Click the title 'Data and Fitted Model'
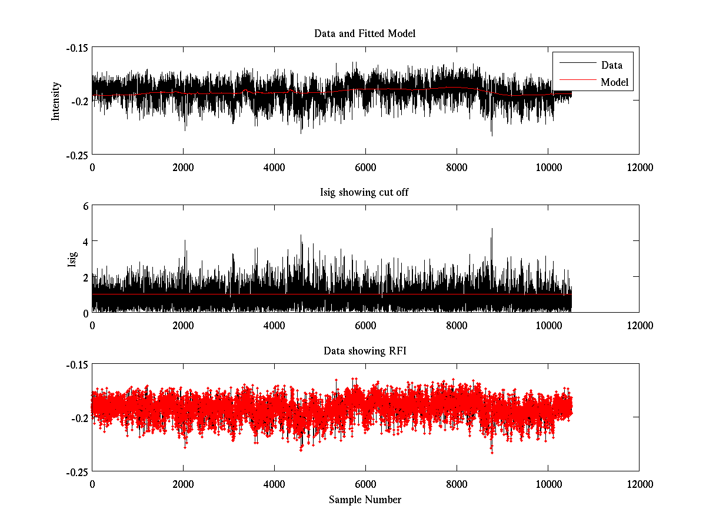click(365, 34)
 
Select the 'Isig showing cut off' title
click(365, 192)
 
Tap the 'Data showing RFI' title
click(365, 351)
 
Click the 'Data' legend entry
click(611, 65)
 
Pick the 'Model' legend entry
click(614, 82)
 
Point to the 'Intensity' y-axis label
click(56, 101)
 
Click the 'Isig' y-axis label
click(72, 259)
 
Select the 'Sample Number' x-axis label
click(365, 500)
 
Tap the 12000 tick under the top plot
click(639, 167)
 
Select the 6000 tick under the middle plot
click(365, 325)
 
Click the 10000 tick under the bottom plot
click(548, 484)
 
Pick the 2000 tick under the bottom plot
click(183, 484)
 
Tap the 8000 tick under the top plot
click(457, 167)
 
